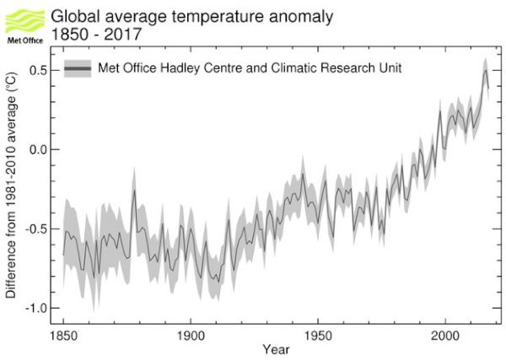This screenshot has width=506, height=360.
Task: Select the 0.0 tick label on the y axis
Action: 37,149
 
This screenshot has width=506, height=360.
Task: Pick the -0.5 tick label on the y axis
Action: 35,228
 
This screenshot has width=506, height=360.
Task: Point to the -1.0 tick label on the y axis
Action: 35,308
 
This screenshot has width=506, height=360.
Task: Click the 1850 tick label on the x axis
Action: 63,336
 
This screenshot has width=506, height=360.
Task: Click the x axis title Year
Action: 274,349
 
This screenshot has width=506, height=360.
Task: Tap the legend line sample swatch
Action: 78,68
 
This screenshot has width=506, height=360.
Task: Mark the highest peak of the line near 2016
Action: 485,69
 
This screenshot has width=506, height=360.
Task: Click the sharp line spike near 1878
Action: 134,191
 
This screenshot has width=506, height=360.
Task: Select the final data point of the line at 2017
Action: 488,87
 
